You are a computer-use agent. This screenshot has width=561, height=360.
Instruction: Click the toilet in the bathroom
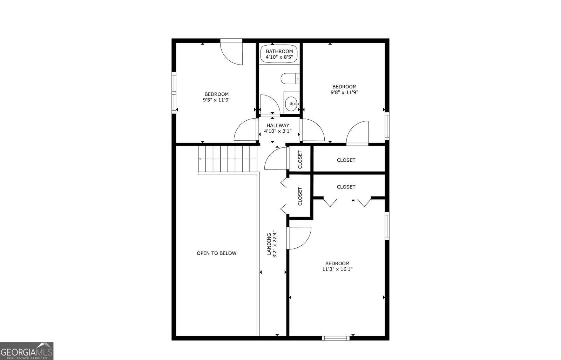coord(290,79)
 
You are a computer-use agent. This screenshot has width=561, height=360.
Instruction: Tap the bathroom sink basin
coord(292,104)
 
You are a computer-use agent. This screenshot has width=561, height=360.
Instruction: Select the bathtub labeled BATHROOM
coord(279,54)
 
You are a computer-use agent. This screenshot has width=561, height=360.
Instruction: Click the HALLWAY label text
coord(278,125)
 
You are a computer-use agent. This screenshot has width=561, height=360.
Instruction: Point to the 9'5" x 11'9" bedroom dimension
coord(217,100)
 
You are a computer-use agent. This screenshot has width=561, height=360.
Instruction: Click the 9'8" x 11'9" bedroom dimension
coord(344,92)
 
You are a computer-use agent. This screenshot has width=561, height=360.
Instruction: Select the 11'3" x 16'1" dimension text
coord(337,269)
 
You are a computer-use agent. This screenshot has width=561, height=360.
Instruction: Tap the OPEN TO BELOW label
coord(217,253)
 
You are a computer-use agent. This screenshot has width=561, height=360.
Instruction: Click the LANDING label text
coord(269,244)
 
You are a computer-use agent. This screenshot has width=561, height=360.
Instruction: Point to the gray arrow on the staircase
coord(228,159)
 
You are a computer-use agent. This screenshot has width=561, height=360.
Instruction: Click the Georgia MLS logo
coord(27,351)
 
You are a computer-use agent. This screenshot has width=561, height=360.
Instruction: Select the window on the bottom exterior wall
coord(336,338)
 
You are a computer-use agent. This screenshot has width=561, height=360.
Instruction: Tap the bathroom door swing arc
coord(270,104)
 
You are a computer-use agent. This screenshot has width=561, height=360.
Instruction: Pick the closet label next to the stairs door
coord(300,159)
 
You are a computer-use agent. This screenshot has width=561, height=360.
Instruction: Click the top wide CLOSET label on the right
coord(346,160)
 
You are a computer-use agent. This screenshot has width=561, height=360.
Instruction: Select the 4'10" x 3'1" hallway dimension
coord(278,131)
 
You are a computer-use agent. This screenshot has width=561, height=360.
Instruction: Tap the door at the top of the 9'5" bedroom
coord(231,52)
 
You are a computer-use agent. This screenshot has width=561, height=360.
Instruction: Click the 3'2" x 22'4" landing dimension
coord(275,244)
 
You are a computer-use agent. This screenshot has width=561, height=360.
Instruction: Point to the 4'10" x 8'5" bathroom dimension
coord(279,57)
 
